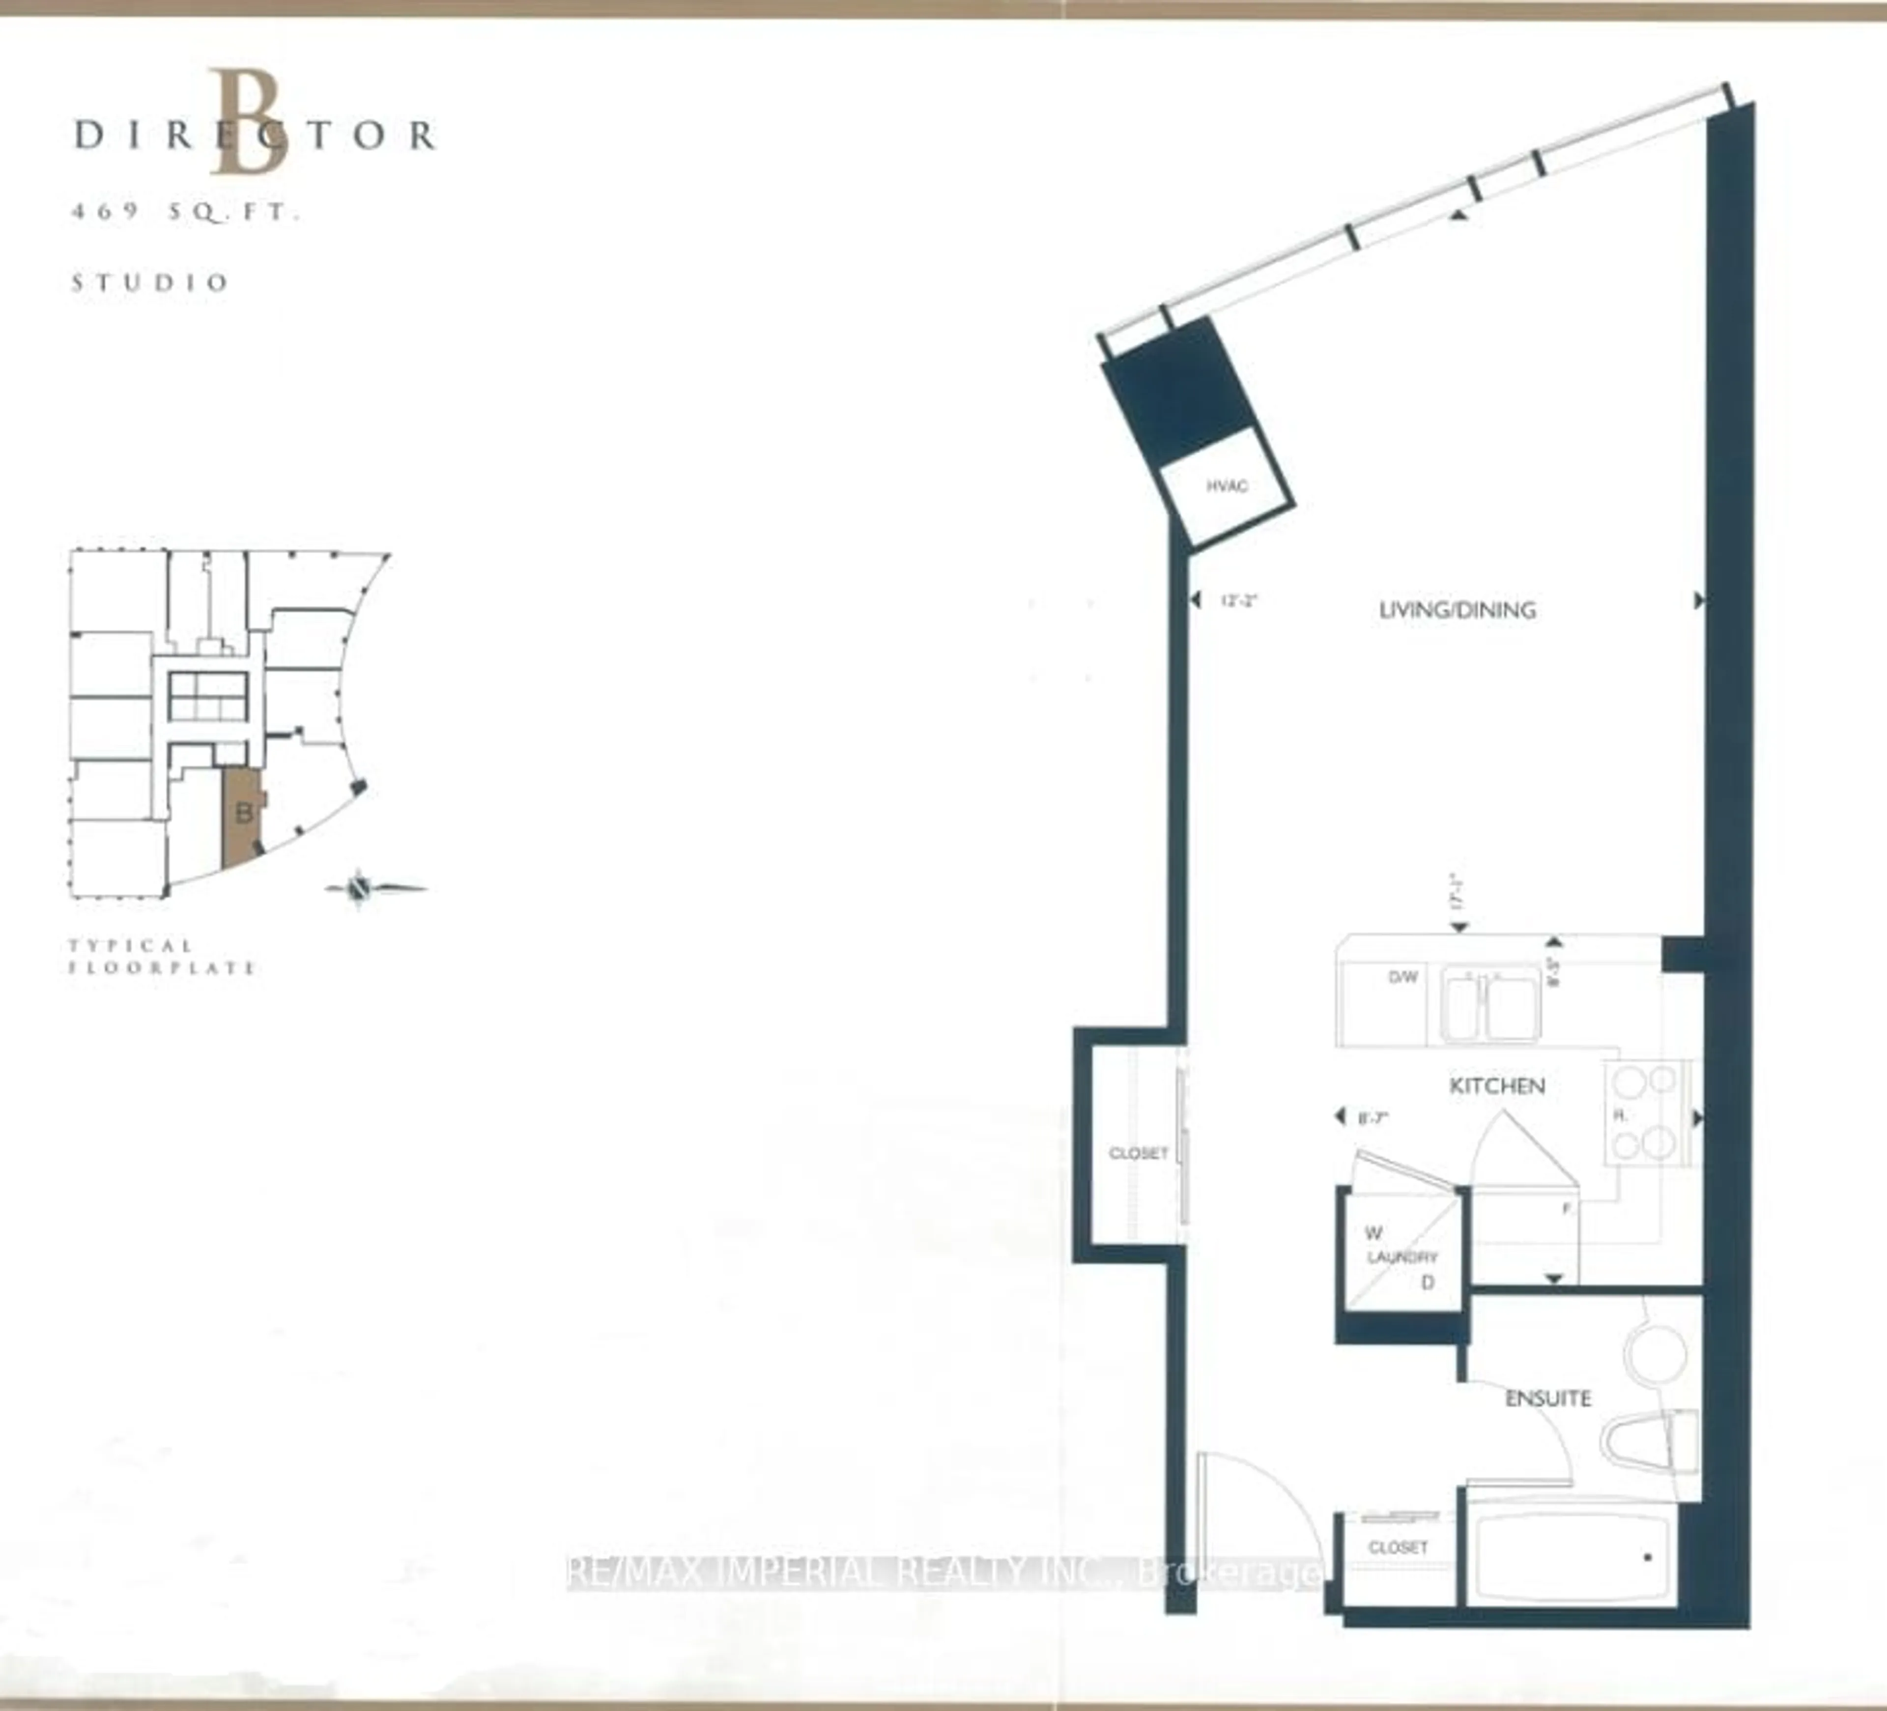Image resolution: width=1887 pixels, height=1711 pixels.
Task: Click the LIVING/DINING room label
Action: click(x=1458, y=610)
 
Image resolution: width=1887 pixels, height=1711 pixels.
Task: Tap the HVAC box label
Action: click(x=1226, y=486)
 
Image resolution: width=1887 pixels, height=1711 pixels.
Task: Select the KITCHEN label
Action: click(x=1497, y=1086)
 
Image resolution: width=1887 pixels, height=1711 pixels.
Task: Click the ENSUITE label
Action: click(x=1548, y=1398)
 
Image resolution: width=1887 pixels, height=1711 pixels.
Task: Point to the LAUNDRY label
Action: click(x=1402, y=1257)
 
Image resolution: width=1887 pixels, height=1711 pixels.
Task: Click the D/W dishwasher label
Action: click(x=1402, y=977)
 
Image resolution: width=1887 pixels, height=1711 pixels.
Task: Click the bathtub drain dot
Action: click(x=1647, y=1558)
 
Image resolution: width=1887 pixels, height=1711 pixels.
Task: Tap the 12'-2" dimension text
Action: click(x=1237, y=601)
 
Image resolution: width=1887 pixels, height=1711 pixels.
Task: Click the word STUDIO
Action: click(x=150, y=283)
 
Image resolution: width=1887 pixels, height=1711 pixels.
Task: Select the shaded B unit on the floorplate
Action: click(x=241, y=814)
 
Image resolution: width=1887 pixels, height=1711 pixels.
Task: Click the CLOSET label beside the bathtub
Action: click(x=1398, y=1547)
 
